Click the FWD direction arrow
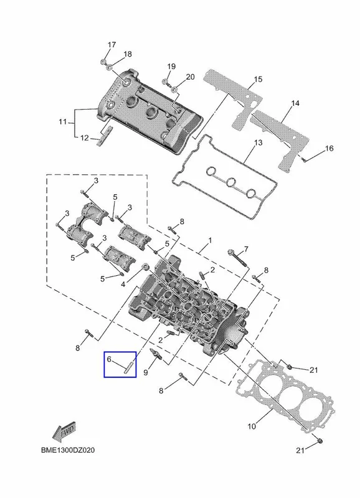[x=64, y=432]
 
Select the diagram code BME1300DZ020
[x=68, y=450]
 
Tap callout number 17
[x=111, y=44]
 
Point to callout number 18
[x=128, y=54]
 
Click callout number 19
[x=171, y=67]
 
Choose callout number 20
[x=190, y=77]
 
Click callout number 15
[x=258, y=79]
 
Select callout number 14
[x=295, y=103]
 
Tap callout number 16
[x=329, y=148]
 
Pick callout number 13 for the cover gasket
[x=258, y=143]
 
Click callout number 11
[x=62, y=121]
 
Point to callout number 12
[x=85, y=138]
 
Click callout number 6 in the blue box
[x=109, y=359]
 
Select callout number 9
[x=146, y=372]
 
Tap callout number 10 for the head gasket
[x=252, y=426]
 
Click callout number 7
[x=246, y=250]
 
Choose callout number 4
[x=123, y=284]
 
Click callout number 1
[x=210, y=240]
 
